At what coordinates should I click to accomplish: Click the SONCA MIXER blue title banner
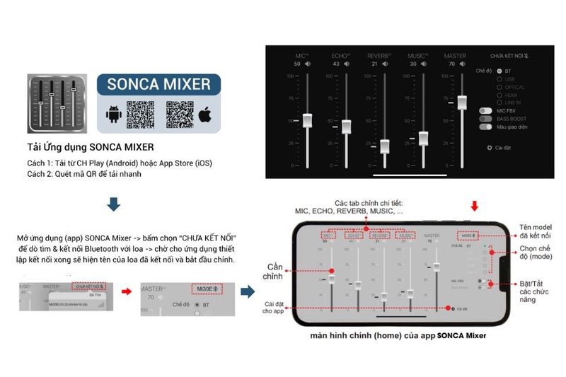pyautogui.click(x=158, y=84)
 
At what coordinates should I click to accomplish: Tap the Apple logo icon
pyautogui.click(x=205, y=115)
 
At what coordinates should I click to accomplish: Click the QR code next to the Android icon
pyautogui.click(x=140, y=115)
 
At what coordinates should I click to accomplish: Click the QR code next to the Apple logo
pyautogui.click(x=179, y=115)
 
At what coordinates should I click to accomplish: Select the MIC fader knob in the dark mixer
pyautogui.click(x=307, y=120)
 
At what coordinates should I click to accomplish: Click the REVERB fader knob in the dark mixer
pyautogui.click(x=384, y=146)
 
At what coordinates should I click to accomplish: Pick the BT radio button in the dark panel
pyautogui.click(x=499, y=71)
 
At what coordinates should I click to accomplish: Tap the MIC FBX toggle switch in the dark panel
pyautogui.click(x=485, y=111)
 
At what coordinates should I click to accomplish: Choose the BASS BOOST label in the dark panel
pyautogui.click(x=513, y=119)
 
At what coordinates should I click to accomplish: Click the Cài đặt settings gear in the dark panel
pyautogui.click(x=489, y=148)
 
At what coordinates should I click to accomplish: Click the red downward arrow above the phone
pyautogui.click(x=474, y=206)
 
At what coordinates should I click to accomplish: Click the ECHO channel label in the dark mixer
pyautogui.click(x=340, y=55)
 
